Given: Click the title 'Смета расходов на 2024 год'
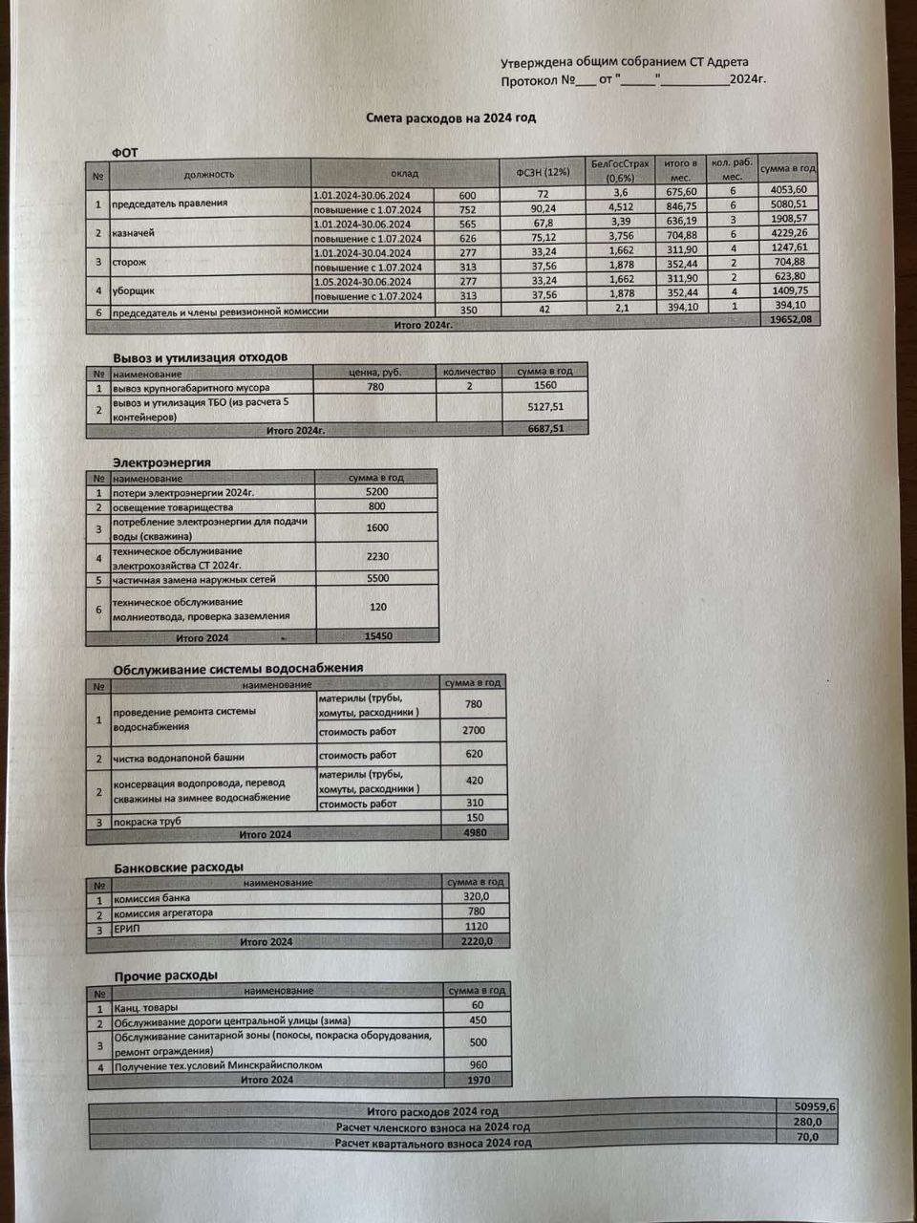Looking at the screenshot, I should [x=451, y=118].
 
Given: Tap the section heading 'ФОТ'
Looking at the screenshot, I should [x=125, y=153].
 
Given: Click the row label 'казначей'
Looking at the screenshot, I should [x=134, y=233].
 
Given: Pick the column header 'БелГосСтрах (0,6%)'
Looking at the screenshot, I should [x=620, y=170].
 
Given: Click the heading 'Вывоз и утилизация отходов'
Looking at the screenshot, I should [x=200, y=356].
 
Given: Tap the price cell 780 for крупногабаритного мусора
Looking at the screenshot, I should [x=375, y=387].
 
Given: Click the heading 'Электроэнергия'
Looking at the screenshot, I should [x=161, y=462].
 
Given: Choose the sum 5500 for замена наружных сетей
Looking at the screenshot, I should [x=377, y=579].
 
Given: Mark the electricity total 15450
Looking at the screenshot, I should [x=377, y=635].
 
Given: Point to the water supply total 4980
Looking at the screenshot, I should [x=474, y=833].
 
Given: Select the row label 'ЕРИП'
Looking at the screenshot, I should [x=127, y=928].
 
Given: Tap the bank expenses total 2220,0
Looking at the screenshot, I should [x=476, y=941].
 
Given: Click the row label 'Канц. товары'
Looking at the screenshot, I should [x=146, y=1008].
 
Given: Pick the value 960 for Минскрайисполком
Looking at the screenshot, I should [x=478, y=1064].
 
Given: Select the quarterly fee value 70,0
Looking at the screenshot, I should [x=807, y=1137].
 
